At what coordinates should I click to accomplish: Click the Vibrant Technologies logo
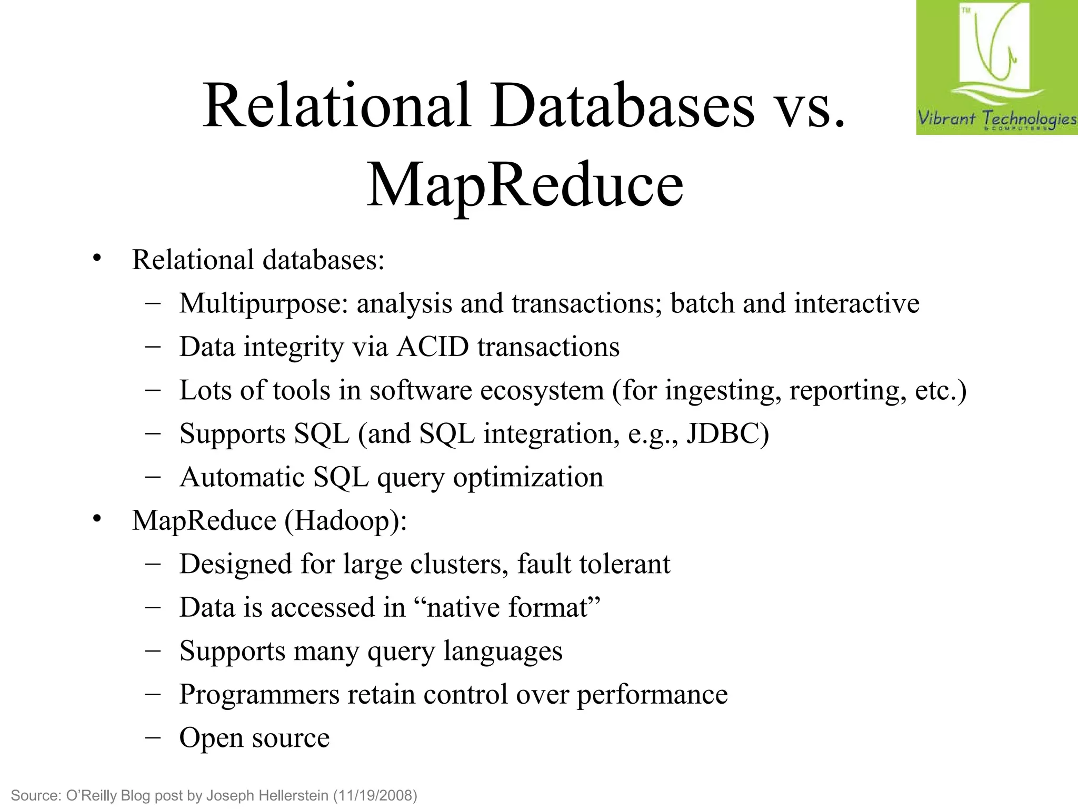(996, 67)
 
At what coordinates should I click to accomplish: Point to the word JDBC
(727, 434)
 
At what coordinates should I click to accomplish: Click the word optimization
(528, 478)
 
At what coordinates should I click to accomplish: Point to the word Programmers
(259, 695)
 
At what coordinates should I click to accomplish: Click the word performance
(652, 695)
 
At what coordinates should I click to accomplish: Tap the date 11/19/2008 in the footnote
(375, 795)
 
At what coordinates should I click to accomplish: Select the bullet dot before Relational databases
(96, 259)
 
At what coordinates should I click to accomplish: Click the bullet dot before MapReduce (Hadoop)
(96, 519)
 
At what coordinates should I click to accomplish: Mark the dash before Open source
(153, 737)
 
